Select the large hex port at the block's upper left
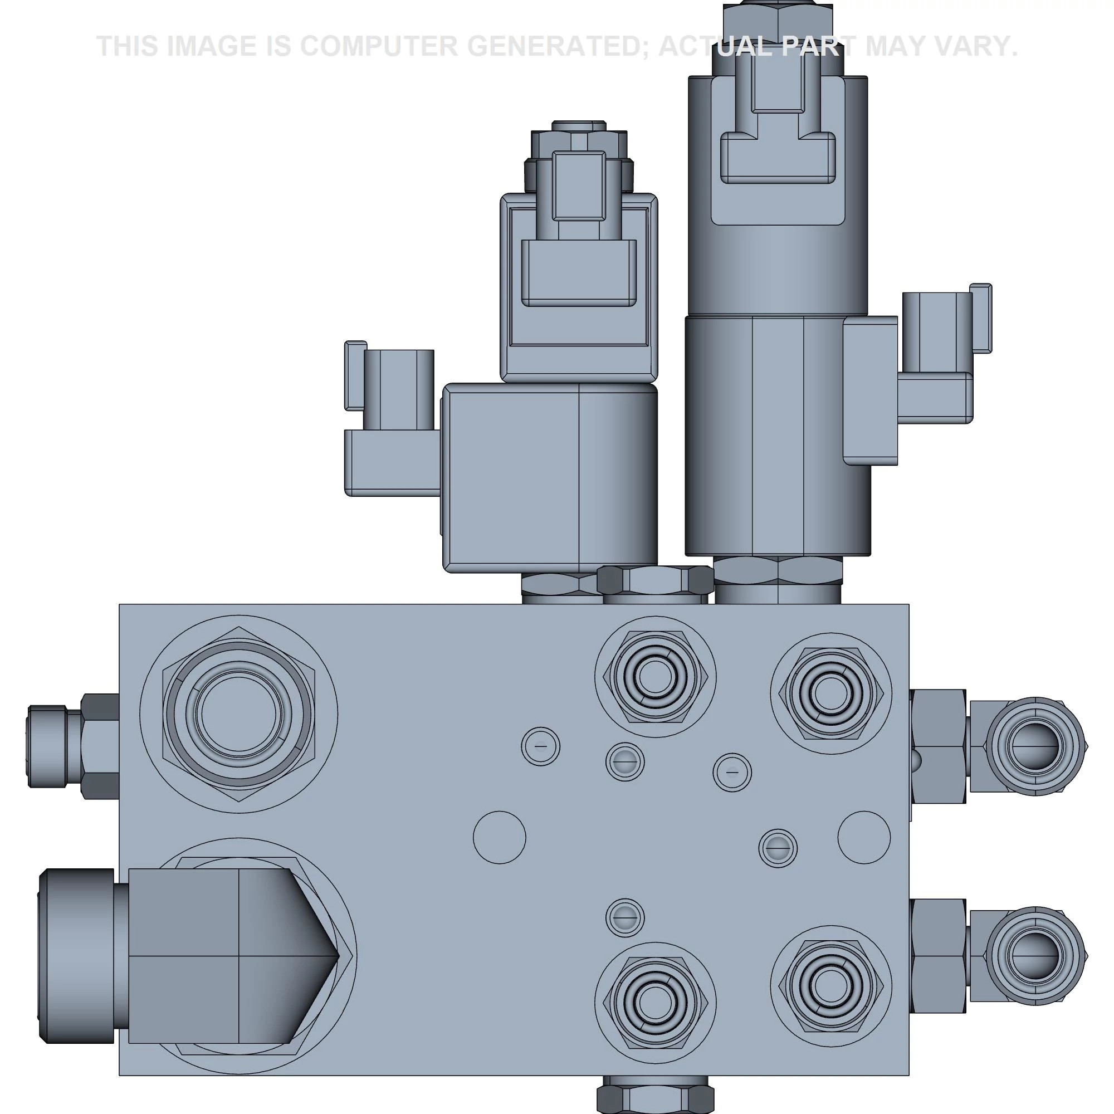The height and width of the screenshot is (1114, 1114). tap(239, 714)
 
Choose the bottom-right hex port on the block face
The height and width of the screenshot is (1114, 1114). tap(830, 986)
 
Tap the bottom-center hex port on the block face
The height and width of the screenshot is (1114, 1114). tap(655, 1002)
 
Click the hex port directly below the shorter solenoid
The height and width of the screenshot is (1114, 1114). tap(655, 677)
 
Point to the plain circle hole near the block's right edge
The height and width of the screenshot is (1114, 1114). tap(864, 837)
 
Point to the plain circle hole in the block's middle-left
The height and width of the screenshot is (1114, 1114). tap(499, 837)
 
